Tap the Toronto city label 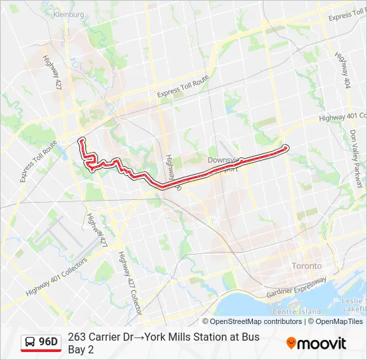tap(306, 266)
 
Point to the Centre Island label tap(297, 312)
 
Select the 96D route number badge tap(48, 342)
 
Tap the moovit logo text tap(322, 344)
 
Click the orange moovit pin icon tap(291, 343)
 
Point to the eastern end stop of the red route tap(286, 147)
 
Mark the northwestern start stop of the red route tap(81, 139)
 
